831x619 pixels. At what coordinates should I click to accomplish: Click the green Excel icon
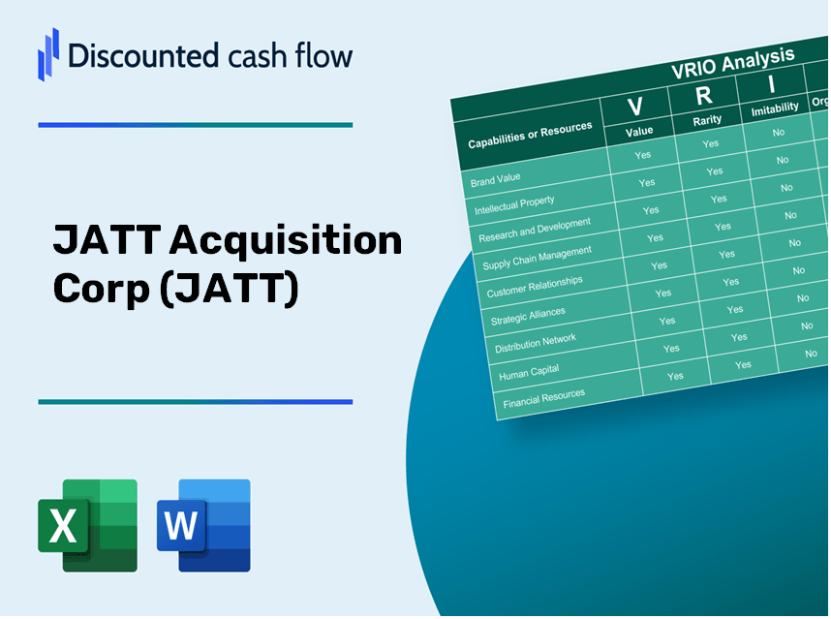87,525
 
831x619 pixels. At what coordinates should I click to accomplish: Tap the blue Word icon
203,525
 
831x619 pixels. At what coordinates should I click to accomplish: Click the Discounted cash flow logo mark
47,53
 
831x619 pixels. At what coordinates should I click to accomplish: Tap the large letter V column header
635,106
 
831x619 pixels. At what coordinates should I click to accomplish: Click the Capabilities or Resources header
529,136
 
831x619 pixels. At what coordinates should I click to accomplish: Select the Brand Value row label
496,178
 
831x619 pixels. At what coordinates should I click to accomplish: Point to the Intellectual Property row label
514,205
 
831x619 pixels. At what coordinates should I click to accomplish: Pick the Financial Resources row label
543,398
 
